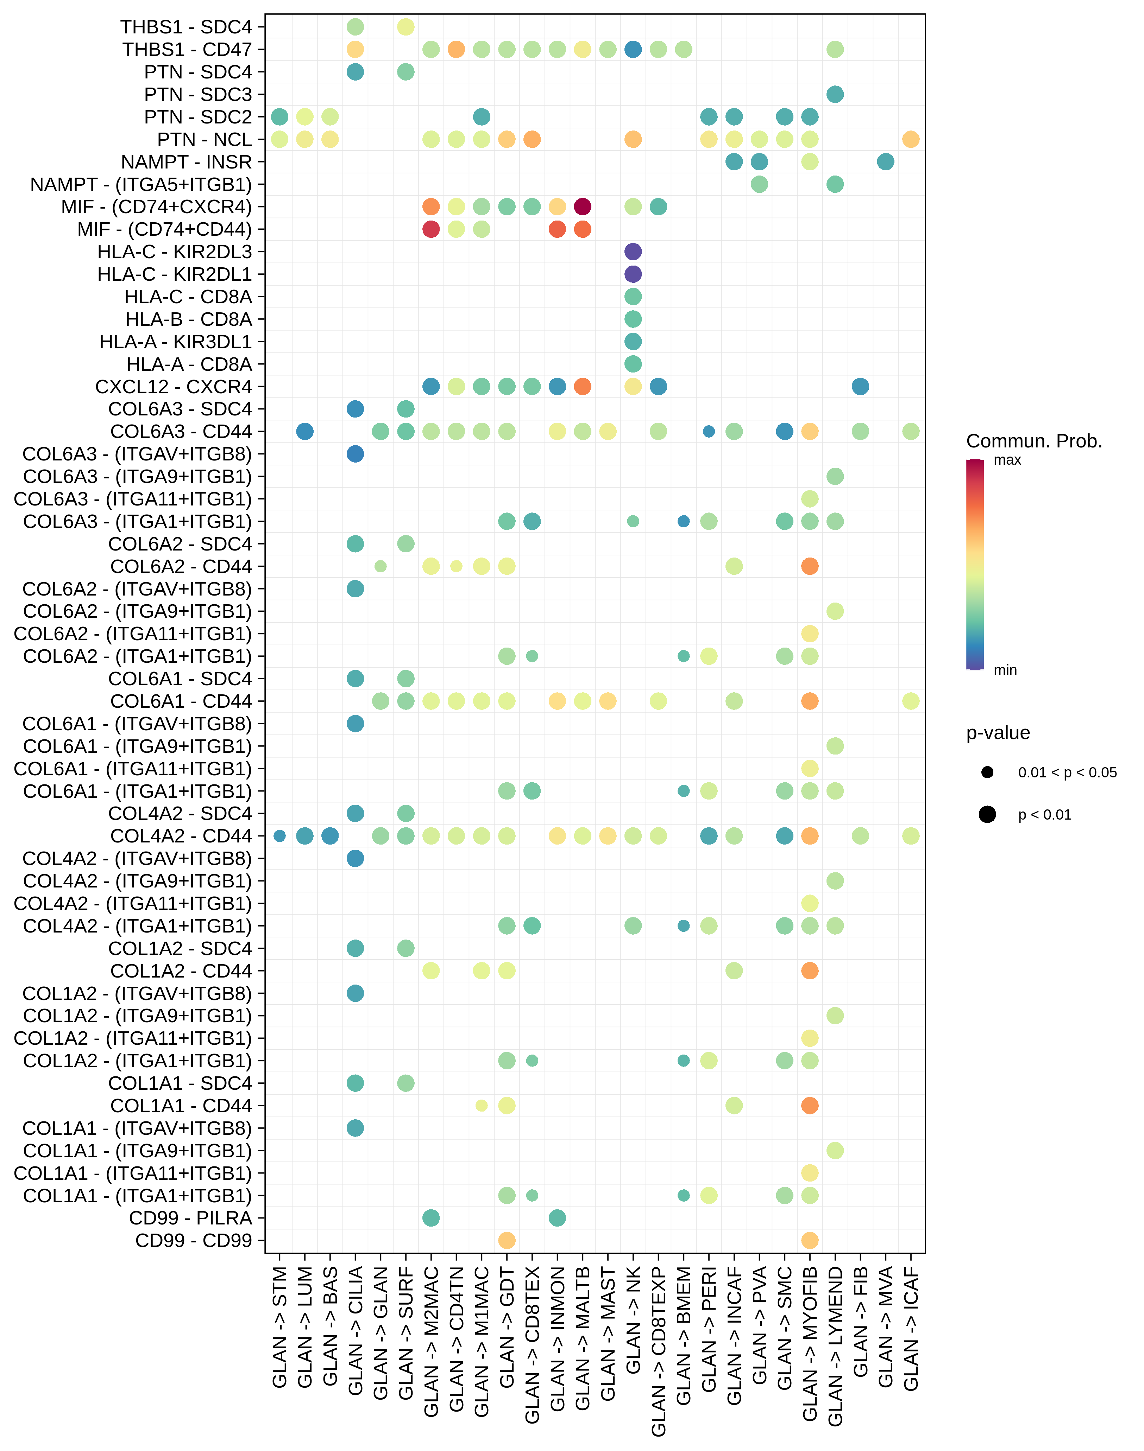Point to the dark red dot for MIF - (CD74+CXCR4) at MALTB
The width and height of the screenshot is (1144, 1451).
[583, 207]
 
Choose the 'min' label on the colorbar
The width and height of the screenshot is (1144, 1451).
[1005, 670]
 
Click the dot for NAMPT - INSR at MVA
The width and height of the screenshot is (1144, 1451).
[886, 162]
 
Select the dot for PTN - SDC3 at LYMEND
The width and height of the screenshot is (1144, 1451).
[835, 94]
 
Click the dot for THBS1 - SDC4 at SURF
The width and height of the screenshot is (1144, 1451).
[406, 27]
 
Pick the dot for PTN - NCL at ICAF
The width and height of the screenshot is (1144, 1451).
[911, 139]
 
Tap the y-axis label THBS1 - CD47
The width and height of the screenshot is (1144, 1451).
[187, 50]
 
